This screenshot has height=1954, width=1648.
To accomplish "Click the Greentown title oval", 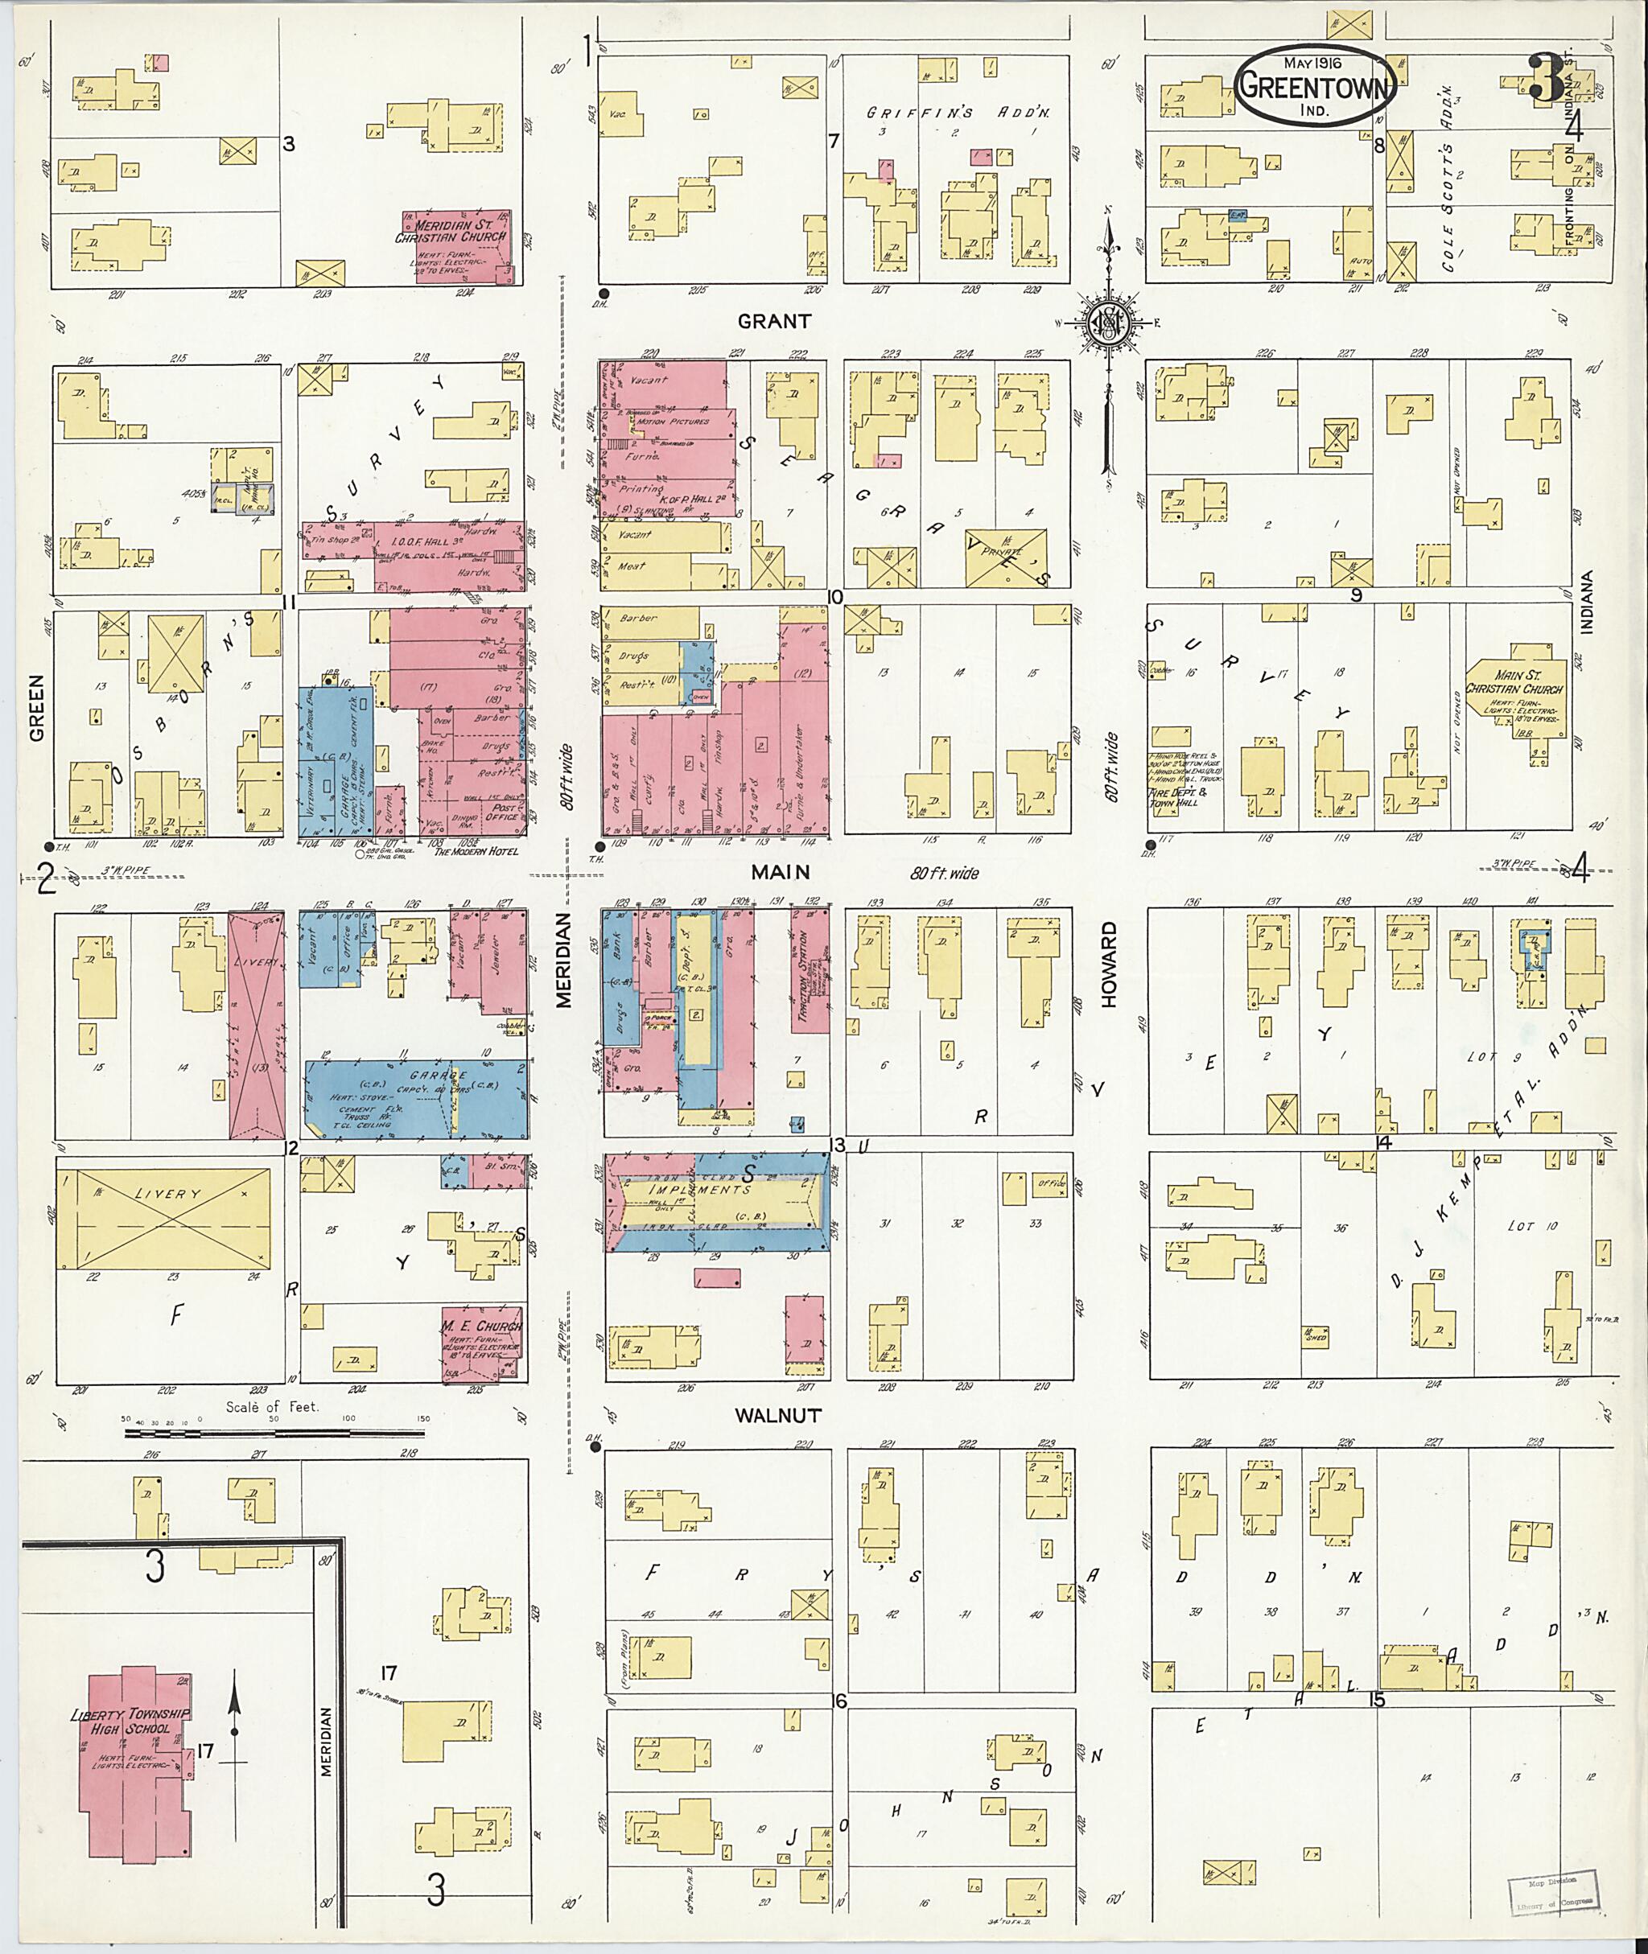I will click(1317, 87).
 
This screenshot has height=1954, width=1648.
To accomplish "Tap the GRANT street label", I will click(774, 321).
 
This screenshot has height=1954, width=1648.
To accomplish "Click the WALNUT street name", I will click(777, 1416).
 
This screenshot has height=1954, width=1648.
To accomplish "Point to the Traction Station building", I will click(810, 968).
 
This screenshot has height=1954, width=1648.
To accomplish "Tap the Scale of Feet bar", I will click(275, 1432).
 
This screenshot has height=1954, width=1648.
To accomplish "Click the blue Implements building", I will click(718, 1201).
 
